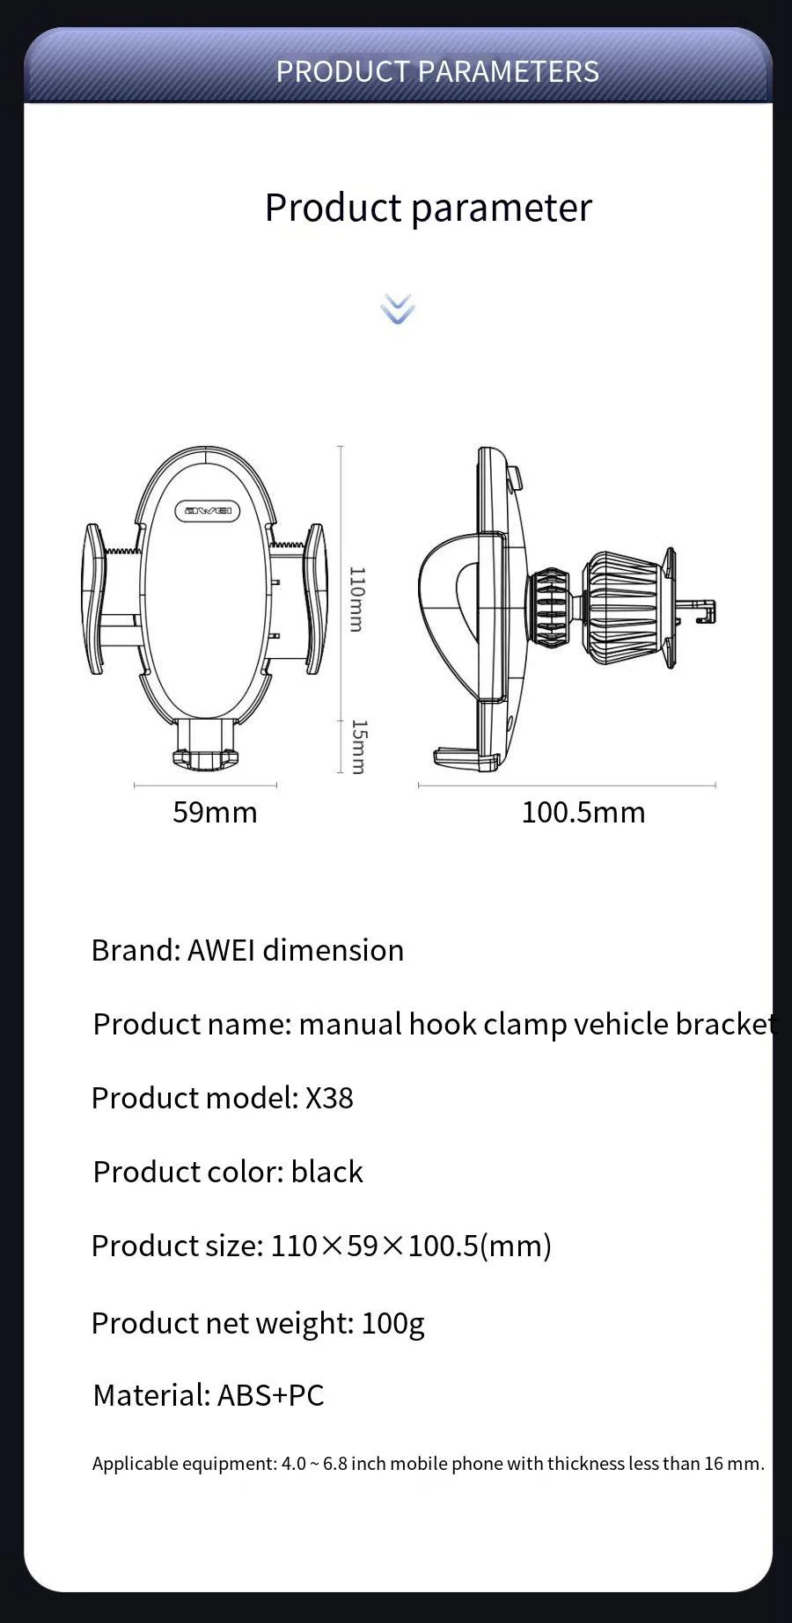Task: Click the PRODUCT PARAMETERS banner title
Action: click(x=437, y=71)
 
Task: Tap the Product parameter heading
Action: click(x=428, y=208)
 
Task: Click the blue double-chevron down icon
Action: click(x=398, y=309)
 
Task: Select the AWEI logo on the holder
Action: click(x=208, y=510)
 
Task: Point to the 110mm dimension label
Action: click(x=356, y=598)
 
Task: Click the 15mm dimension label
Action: click(x=358, y=746)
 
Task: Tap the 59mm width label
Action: click(x=215, y=811)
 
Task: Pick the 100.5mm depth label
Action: click(x=583, y=811)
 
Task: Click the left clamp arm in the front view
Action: click(x=94, y=598)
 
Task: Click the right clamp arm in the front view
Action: click(x=317, y=598)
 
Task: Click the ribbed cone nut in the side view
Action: click(x=623, y=607)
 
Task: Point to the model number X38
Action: click(x=329, y=1098)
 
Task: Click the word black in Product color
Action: click(x=326, y=1172)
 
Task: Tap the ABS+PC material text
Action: click(x=270, y=1395)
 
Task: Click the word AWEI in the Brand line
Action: click(x=221, y=950)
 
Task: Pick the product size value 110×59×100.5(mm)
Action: click(x=410, y=1246)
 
